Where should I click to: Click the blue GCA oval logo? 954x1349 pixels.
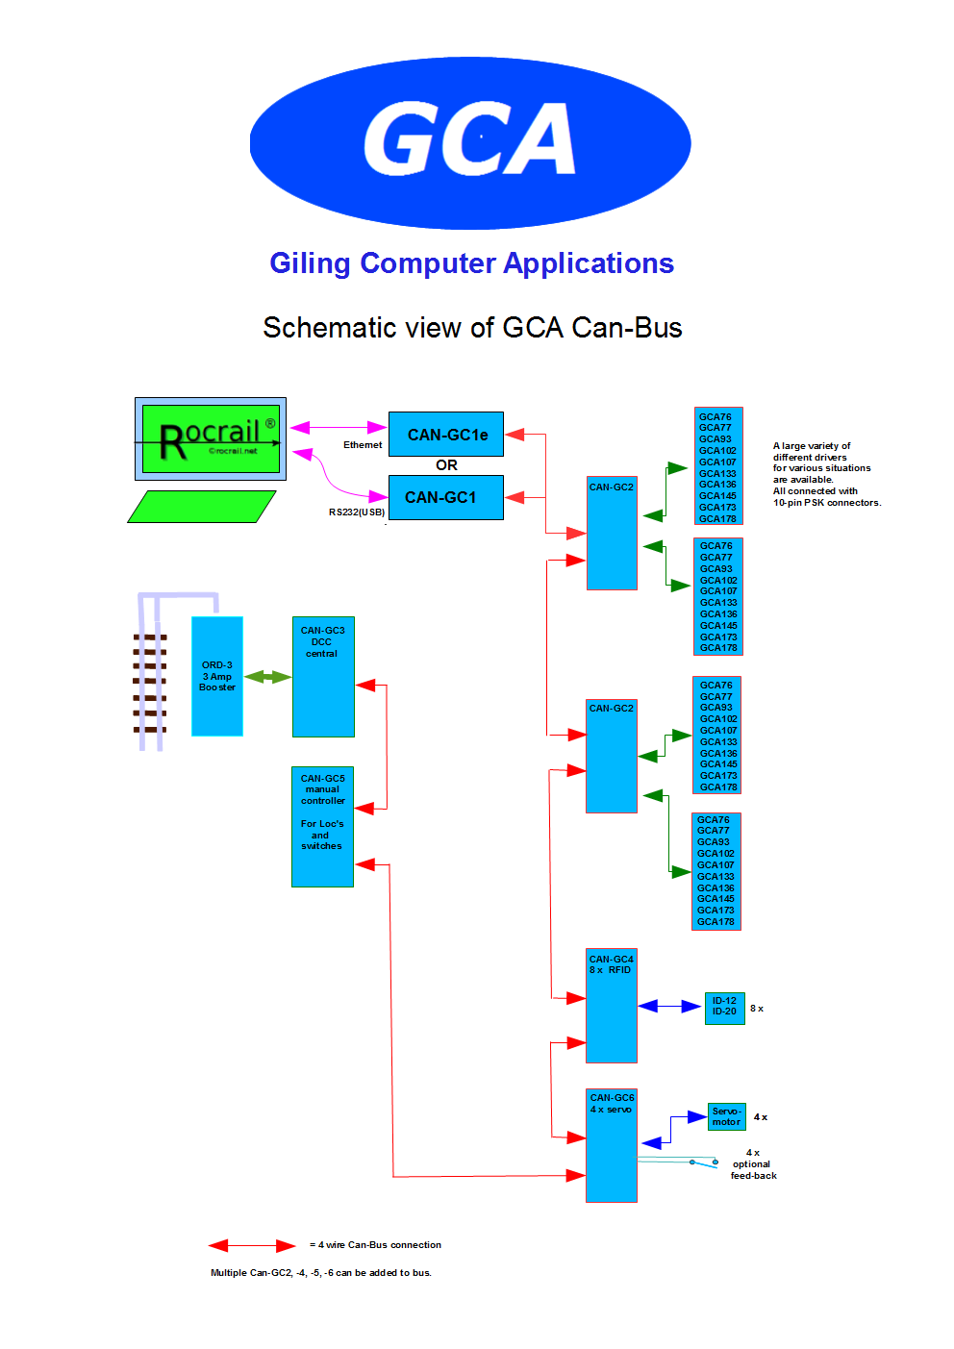[x=470, y=142]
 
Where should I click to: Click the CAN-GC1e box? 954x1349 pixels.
[x=446, y=435]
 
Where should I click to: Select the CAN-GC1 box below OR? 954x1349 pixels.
[x=446, y=497]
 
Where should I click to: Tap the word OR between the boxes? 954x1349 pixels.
[x=446, y=465]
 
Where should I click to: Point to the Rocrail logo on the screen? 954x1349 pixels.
[x=212, y=438]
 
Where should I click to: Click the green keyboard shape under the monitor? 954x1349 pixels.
[x=202, y=507]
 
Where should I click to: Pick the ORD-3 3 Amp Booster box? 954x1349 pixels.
[x=217, y=676]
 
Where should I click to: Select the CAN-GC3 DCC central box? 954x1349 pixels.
[x=323, y=676]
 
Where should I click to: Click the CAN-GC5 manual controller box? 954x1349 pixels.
[x=322, y=826]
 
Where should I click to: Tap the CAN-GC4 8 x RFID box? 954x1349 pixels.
[x=612, y=1006]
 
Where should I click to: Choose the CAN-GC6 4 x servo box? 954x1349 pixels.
[x=612, y=1145]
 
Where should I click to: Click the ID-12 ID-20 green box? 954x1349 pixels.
[x=724, y=1007]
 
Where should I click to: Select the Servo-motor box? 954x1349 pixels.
[x=727, y=1116]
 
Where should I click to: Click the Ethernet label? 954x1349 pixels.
[x=363, y=445]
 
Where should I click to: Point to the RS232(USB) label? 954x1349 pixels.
[x=357, y=512]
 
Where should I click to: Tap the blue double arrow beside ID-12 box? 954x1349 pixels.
[x=670, y=1007]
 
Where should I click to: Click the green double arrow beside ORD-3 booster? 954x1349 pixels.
[x=267, y=677]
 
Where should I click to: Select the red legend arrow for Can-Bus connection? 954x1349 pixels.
[x=252, y=1246]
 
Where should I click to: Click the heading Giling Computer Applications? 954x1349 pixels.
[x=471, y=263]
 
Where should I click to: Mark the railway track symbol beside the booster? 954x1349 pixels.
[x=150, y=683]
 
